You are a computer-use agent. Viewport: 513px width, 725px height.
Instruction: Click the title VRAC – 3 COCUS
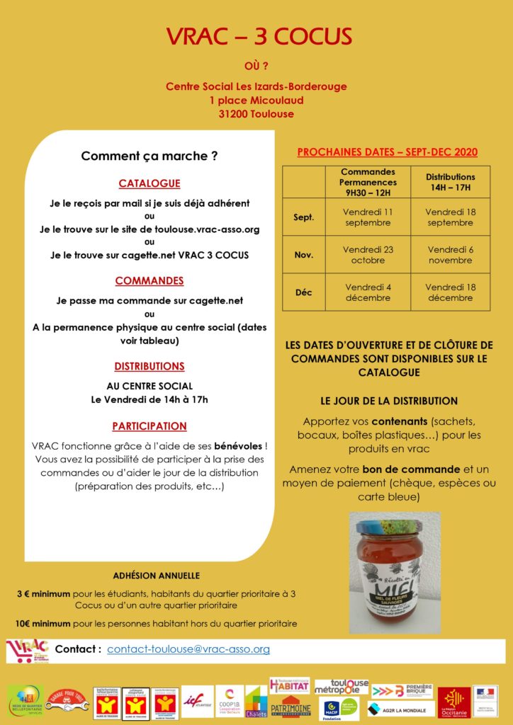(256, 37)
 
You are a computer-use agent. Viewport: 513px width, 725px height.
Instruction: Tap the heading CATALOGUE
(149, 183)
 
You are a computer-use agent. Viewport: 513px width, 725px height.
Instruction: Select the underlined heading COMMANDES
(149, 281)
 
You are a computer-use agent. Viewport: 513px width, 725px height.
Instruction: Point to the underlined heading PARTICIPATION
(149, 426)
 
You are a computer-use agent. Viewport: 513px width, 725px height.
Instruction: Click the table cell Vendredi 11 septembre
(368, 217)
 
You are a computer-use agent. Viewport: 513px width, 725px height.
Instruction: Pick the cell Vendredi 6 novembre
(450, 255)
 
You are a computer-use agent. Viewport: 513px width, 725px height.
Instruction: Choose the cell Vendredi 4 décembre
(368, 292)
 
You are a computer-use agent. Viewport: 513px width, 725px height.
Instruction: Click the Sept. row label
(303, 217)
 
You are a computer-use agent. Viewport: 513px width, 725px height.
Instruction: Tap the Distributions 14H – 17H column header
(450, 182)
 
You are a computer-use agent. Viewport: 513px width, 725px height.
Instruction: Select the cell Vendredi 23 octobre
(368, 255)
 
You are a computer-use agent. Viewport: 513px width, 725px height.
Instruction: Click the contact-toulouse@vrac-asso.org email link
(188, 649)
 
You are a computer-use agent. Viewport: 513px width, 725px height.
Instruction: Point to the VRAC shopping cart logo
(28, 650)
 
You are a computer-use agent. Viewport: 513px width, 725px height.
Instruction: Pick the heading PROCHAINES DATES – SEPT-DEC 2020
(387, 152)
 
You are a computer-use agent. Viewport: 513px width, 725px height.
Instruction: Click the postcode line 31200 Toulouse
(256, 114)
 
